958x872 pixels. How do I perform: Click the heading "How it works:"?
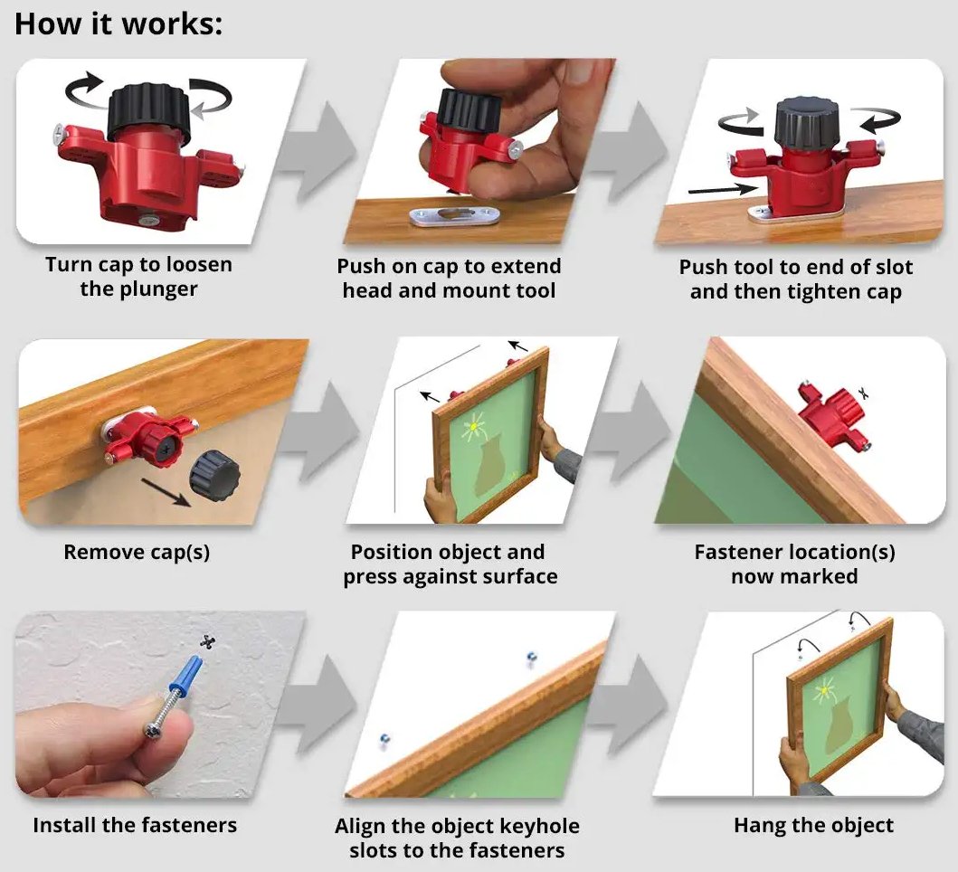(119, 24)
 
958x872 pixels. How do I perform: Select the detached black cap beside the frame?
(213, 476)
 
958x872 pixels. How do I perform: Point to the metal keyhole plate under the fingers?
(454, 215)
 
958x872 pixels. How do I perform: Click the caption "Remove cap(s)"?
(137, 552)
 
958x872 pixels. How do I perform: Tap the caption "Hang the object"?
(813, 825)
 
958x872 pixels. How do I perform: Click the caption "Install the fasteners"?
(135, 825)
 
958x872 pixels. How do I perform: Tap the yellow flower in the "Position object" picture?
(473, 425)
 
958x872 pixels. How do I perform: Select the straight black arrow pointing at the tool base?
(723, 189)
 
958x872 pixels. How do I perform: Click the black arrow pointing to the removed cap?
(166, 492)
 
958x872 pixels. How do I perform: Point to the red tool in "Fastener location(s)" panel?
(834, 413)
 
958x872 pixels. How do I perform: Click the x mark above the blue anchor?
(208, 641)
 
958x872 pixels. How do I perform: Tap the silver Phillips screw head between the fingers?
(153, 730)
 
